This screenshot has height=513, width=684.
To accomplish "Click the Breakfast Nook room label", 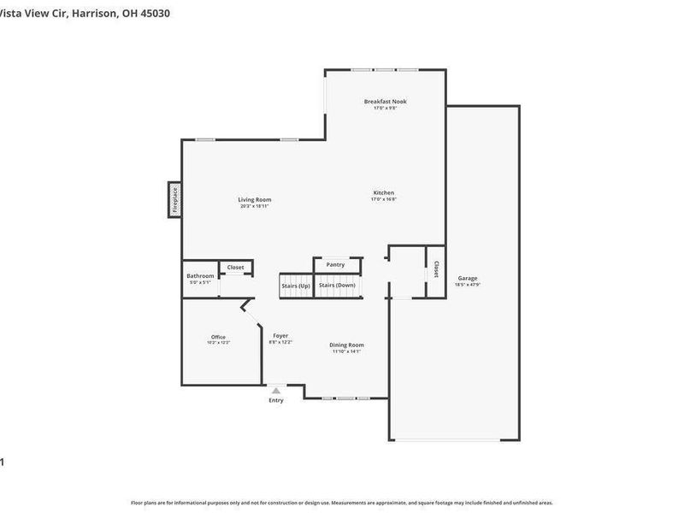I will (385, 101).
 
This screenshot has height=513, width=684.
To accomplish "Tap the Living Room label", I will (255, 199).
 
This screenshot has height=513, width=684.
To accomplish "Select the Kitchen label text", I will (384, 192).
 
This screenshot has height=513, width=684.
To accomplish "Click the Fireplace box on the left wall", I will (174, 200).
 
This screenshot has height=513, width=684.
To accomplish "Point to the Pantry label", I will (336, 264).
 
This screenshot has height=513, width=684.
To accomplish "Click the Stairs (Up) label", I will (295, 285).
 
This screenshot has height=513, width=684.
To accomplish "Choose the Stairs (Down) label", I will (337, 285).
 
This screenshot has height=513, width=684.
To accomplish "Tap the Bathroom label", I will (200, 275).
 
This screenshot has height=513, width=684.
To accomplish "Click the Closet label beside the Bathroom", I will (235, 267).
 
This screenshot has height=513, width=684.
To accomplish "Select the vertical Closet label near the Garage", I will (436, 269).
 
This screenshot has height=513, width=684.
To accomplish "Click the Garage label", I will (468, 278).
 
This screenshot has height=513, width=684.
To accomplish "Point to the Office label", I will (218, 336).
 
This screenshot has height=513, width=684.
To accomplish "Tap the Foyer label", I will (280, 335).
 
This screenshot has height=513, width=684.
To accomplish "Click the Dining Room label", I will (346, 345).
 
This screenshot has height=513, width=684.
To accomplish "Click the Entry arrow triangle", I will (275, 391).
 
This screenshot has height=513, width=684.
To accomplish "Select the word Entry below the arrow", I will (275, 400).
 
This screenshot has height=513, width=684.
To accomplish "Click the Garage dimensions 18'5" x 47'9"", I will (468, 285).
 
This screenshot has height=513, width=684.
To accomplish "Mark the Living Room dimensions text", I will (255, 206).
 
